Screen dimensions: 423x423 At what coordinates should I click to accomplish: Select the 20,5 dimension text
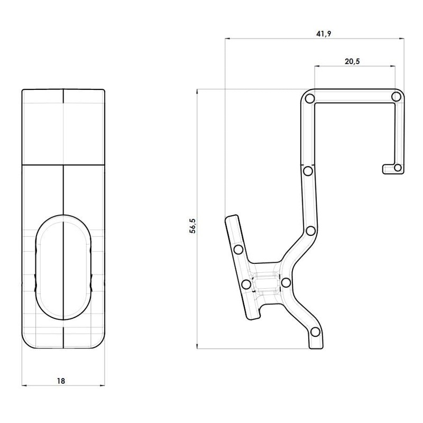(x=352, y=61)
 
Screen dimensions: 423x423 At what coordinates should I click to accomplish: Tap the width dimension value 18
(x=63, y=380)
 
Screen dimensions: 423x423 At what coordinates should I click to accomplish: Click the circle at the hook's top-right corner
(x=396, y=97)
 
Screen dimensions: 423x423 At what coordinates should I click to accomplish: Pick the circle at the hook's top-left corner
(x=310, y=99)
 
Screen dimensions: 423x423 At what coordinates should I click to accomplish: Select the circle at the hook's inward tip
(x=398, y=168)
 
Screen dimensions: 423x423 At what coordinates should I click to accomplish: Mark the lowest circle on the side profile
(x=315, y=332)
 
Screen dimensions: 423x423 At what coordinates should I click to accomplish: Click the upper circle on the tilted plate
(x=238, y=249)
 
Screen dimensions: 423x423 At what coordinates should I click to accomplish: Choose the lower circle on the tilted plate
(x=246, y=284)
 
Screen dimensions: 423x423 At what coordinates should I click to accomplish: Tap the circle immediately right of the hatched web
(x=286, y=282)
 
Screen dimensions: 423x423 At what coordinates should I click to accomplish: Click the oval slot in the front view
(x=63, y=267)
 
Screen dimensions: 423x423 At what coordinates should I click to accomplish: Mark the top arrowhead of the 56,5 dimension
(x=198, y=91)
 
